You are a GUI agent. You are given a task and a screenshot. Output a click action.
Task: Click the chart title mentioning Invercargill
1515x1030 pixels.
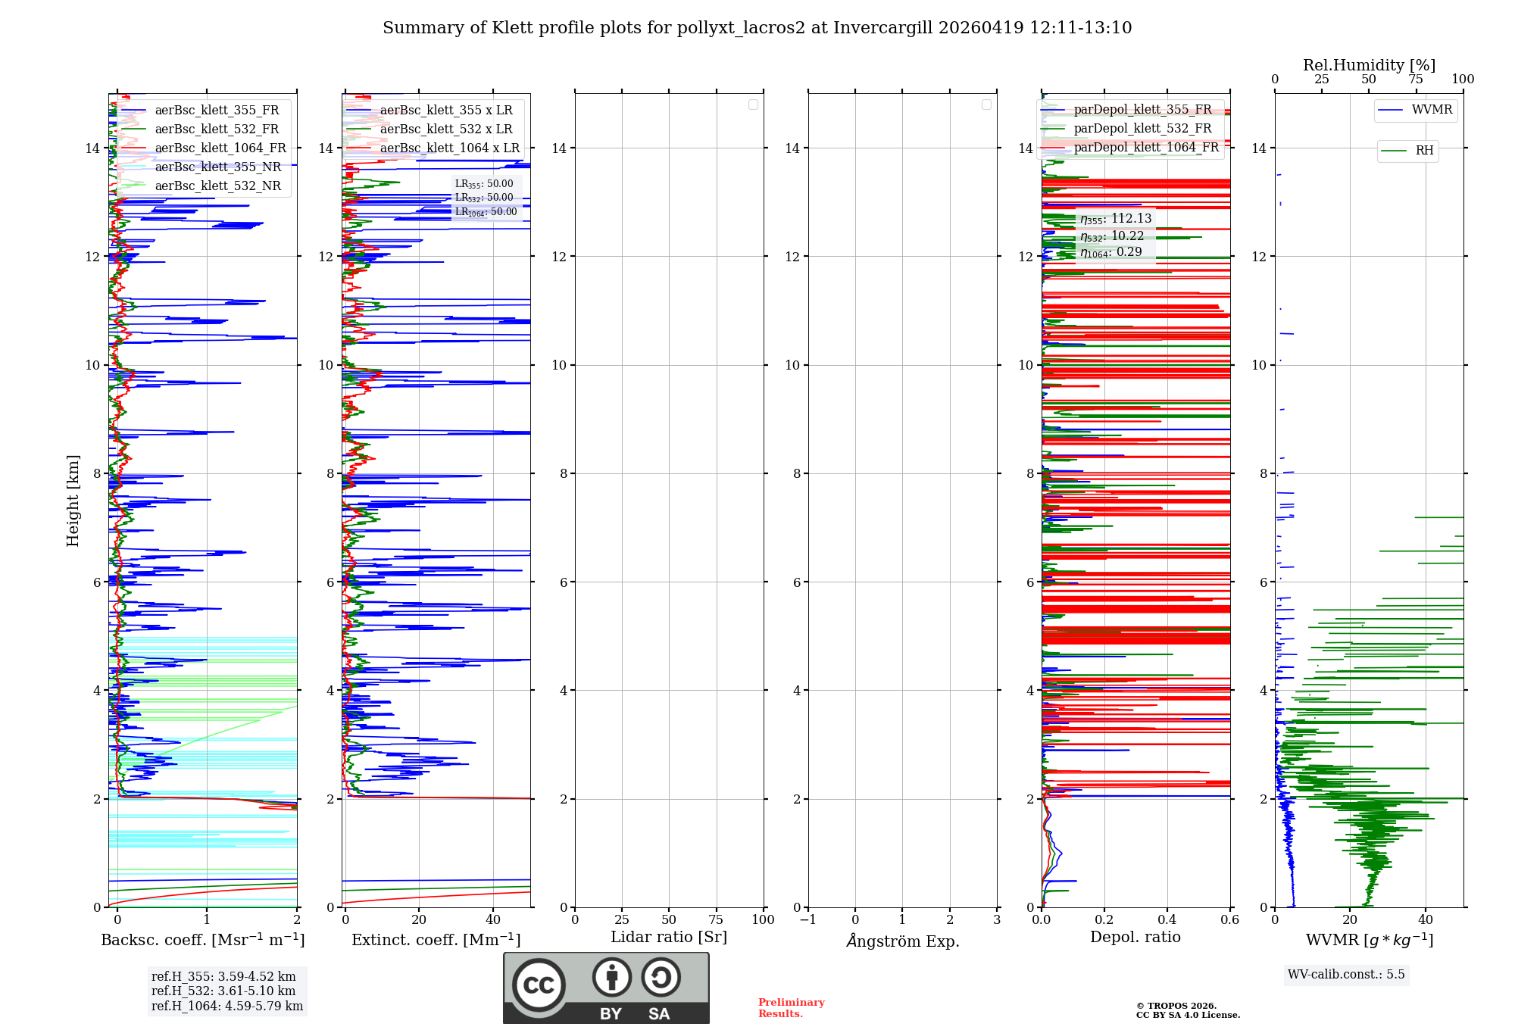(x=757, y=28)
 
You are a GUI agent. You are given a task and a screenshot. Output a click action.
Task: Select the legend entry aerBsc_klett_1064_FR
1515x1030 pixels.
(x=220, y=148)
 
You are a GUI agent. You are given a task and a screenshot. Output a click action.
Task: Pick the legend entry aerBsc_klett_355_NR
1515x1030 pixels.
(x=217, y=167)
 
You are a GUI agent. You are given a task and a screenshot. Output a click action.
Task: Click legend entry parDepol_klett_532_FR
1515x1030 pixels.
(x=1142, y=129)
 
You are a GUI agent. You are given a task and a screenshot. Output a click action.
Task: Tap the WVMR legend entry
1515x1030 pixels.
(x=1432, y=110)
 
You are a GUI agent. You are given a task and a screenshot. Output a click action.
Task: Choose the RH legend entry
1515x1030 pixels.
(x=1424, y=151)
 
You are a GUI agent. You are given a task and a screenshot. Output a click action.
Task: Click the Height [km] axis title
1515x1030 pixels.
(x=73, y=500)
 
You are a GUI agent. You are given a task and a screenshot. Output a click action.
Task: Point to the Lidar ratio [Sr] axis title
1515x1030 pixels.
(x=669, y=938)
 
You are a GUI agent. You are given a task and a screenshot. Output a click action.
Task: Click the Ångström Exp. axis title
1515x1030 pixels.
(x=902, y=941)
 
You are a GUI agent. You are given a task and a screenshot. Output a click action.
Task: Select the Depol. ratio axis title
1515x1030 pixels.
(x=1135, y=938)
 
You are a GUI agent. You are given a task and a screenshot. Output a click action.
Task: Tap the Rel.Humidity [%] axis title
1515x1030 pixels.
(x=1369, y=65)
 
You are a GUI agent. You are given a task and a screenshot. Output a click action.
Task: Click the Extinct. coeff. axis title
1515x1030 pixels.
(x=436, y=940)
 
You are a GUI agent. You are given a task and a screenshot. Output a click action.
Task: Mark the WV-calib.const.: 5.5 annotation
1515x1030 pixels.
(x=1346, y=975)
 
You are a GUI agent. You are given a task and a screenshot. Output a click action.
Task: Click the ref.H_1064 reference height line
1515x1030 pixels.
(x=226, y=1006)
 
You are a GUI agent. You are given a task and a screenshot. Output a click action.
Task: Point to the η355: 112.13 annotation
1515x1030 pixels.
(x=1116, y=219)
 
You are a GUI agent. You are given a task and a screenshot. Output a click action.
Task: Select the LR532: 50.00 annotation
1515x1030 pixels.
(x=484, y=198)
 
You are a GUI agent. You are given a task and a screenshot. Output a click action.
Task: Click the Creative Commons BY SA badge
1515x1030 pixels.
(x=606, y=988)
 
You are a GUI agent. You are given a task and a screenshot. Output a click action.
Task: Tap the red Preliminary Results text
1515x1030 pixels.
(x=791, y=1008)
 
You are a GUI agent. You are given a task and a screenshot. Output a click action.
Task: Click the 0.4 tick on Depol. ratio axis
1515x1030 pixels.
(x=1167, y=920)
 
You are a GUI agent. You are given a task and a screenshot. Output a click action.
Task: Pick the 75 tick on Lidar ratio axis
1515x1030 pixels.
(x=716, y=920)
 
